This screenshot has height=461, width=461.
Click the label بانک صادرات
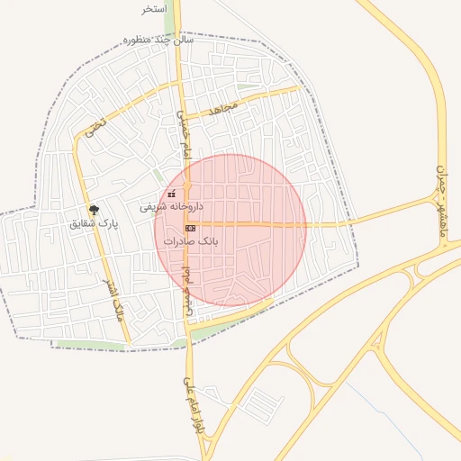pyautogui.click(x=192, y=242)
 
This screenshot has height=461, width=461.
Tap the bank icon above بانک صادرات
pyautogui.click(x=190, y=229)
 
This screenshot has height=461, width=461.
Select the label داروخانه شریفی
pyautogui.click(x=171, y=207)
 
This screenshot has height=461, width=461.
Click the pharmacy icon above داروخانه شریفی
pyautogui.click(x=172, y=194)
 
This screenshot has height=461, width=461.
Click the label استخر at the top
pyautogui.click(x=154, y=9)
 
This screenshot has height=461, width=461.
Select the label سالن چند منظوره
pyautogui.click(x=159, y=41)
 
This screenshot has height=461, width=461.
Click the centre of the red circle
pyautogui.click(x=230, y=230)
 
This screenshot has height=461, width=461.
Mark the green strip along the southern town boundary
pyautogui.click(x=90, y=345)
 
